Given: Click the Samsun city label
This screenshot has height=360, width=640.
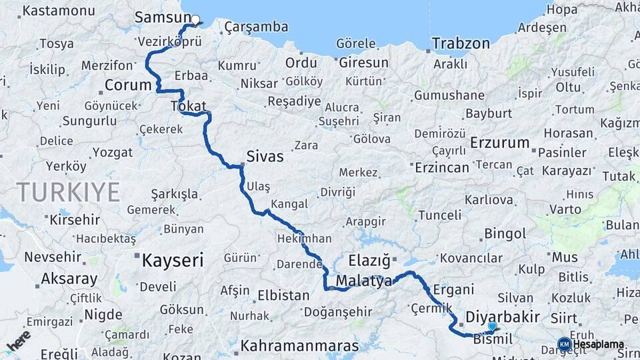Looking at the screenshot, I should coord(158,17).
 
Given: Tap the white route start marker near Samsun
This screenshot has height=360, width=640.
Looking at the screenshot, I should coord(195,19).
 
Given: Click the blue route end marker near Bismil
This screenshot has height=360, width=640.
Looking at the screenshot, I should coord(492,326).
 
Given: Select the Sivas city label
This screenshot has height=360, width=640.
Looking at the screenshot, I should coord(265,157).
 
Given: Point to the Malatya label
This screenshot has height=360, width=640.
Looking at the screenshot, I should coord(363,282).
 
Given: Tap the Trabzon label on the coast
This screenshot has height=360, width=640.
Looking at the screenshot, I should coord(461,44).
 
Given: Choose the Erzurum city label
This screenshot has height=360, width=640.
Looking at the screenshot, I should coord(499,143).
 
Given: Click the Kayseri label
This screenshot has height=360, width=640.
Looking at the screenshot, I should coord(172,260).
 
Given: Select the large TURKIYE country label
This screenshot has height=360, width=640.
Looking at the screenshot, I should coord(69,192).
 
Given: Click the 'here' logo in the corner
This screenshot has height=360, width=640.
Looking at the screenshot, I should coord(18,341).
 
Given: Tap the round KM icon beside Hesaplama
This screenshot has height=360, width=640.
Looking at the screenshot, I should coord(564,344).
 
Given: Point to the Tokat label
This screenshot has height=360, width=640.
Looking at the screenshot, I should coord(189,106).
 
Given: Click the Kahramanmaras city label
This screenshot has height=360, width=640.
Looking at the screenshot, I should coord(299,346).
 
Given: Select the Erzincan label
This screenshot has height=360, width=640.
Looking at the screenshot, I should coord(442,167).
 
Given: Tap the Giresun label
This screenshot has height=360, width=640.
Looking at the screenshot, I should coord(364,63).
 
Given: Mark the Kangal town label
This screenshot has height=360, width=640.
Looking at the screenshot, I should coord(289,204).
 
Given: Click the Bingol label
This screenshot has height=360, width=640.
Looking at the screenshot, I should coord(505,234).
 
